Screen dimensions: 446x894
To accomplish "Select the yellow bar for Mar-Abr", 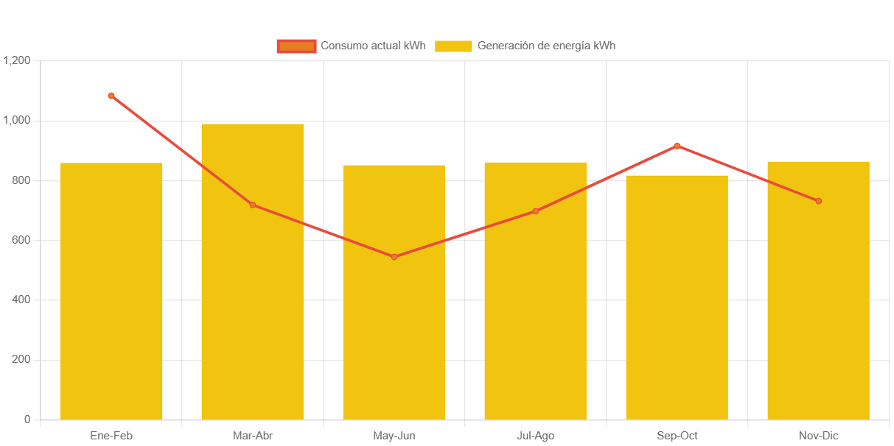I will tap(253, 294).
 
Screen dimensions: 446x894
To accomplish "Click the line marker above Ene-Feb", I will tap(111, 96).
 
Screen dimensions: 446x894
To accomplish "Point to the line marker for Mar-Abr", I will tap(253, 205).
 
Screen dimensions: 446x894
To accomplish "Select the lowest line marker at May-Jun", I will tap(394, 257).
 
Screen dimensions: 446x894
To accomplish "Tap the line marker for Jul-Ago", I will tap(536, 211).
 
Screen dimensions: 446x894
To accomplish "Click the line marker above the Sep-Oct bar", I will tap(677, 146).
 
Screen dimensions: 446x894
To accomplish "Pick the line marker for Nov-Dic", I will tap(818, 201).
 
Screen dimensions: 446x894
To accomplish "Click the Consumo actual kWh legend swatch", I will tap(296, 46).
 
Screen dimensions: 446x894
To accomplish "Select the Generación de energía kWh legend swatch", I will tap(453, 46).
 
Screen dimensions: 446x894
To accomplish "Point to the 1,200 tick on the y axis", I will tap(16, 60).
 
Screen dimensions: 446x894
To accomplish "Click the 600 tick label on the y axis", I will tap(21, 240).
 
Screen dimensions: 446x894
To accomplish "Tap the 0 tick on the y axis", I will tap(27, 420).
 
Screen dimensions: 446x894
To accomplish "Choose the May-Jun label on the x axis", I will tap(394, 436).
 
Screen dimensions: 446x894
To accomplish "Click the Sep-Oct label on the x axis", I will tap(677, 436).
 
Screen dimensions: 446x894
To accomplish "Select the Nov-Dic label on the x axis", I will tap(818, 436).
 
